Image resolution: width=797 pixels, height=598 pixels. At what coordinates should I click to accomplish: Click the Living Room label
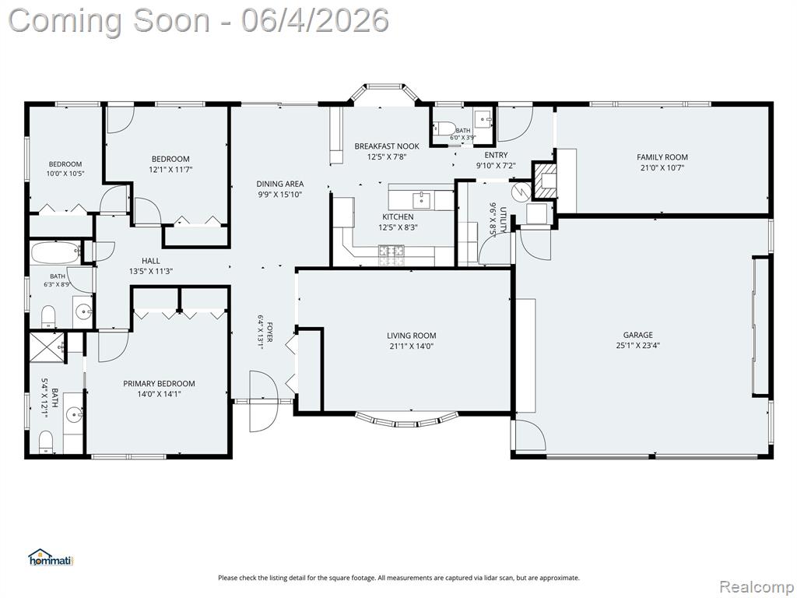click(x=411, y=336)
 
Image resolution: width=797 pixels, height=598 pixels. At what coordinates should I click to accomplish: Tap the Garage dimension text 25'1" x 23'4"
click(x=638, y=346)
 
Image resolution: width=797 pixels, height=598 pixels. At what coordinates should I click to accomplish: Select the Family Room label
click(x=662, y=157)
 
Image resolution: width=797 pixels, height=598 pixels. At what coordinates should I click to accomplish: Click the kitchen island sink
click(x=421, y=200)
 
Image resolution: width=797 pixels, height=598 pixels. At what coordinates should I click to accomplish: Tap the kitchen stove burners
click(x=391, y=255)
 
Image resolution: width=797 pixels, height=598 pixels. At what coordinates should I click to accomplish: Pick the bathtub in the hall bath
click(x=55, y=253)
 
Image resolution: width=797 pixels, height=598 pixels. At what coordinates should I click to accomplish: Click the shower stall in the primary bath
click(x=47, y=348)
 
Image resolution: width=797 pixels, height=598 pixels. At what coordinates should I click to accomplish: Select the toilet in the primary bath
click(x=46, y=441)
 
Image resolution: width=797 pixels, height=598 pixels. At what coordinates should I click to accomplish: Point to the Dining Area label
click(x=280, y=184)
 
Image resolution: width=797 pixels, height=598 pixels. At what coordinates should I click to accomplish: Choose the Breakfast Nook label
click(x=387, y=146)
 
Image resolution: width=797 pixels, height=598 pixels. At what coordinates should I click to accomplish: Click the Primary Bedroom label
click(x=159, y=384)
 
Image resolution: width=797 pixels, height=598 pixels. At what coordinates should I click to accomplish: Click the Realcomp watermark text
click(x=757, y=586)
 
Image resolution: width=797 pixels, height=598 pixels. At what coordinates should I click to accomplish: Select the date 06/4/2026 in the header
click(x=315, y=20)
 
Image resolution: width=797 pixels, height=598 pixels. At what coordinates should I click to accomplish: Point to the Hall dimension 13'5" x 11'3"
click(x=151, y=272)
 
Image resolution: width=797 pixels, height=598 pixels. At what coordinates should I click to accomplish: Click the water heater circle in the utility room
click(x=521, y=192)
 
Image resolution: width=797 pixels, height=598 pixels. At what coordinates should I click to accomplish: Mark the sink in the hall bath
click(x=83, y=311)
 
